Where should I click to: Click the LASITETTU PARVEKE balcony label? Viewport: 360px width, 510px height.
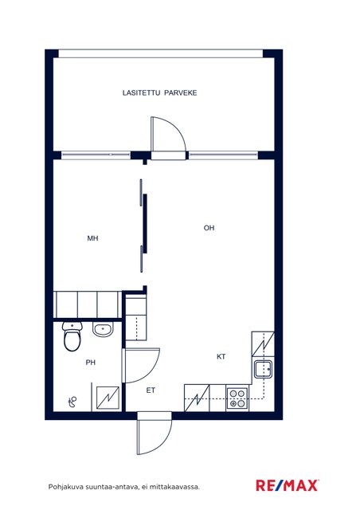point(159,92)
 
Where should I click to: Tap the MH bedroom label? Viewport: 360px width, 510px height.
point(92,238)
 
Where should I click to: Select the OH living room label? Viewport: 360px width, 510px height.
point(209,228)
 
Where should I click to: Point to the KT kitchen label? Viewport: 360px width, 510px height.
point(221,357)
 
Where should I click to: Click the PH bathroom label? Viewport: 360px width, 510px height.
point(91,363)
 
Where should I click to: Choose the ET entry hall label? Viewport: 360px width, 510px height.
point(151,390)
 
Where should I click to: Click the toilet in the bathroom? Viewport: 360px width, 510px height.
point(72,336)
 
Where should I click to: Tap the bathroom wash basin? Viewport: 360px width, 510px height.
point(103,329)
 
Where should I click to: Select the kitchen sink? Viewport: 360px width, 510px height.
point(264,370)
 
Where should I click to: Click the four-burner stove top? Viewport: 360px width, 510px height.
point(237,398)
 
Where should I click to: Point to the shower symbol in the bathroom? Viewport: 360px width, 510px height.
point(72,402)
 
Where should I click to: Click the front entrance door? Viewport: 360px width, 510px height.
point(154,433)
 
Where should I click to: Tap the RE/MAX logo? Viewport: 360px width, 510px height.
point(288,485)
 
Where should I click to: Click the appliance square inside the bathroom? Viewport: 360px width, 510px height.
point(108,398)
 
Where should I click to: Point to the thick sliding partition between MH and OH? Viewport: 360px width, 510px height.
point(145,223)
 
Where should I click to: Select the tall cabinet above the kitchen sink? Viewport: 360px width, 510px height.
point(263,344)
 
